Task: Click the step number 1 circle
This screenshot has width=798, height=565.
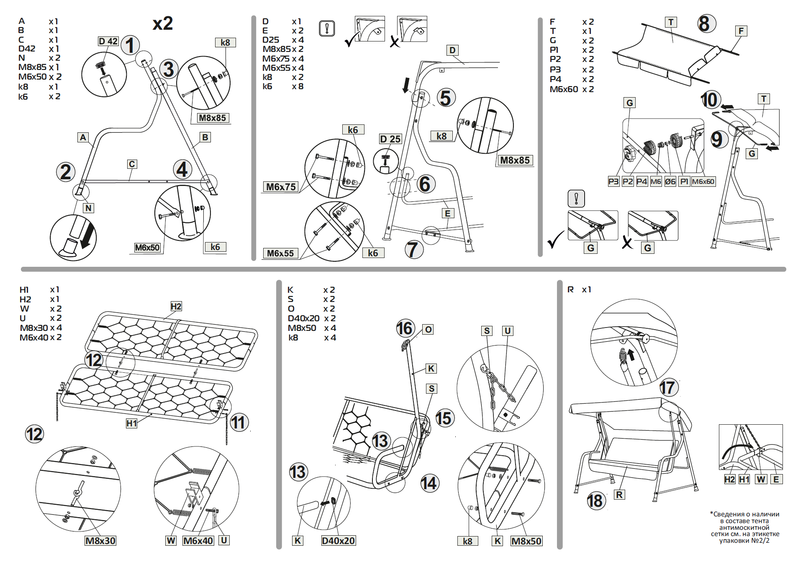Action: click(130, 45)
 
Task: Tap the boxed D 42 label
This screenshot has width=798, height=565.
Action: click(108, 41)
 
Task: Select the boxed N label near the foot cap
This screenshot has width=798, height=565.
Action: click(88, 208)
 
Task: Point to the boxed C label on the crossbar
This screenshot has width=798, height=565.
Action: click(132, 164)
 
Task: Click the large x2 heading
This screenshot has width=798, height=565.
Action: click(163, 23)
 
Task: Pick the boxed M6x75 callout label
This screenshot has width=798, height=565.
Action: click(281, 187)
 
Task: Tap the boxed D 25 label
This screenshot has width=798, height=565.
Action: click(390, 139)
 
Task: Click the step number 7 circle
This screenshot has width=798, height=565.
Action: click(414, 250)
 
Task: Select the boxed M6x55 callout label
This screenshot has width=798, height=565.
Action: click(280, 253)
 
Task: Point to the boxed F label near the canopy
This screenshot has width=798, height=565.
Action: click(741, 31)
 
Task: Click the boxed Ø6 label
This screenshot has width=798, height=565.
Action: click(670, 181)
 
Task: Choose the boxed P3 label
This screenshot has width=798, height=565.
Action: click(613, 181)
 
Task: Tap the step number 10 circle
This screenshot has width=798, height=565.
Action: click(710, 100)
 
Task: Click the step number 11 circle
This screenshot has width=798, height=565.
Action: click(239, 422)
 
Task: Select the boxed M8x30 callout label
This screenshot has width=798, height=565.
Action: click(100, 541)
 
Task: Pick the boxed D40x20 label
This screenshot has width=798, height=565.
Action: click(338, 541)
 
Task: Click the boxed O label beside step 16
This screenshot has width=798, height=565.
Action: click(428, 330)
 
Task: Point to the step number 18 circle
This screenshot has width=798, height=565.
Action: click(595, 501)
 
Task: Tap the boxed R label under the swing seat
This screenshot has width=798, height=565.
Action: click(619, 495)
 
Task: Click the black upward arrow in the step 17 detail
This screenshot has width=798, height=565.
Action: click(631, 355)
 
